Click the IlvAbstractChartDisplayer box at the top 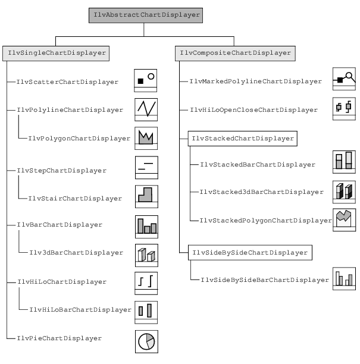[x=147, y=15]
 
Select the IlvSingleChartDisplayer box [x=56, y=53]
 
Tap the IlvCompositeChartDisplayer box [x=236, y=53]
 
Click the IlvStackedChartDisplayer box [x=242, y=139]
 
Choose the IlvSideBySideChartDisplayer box [x=249, y=253]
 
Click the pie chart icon [x=146, y=341]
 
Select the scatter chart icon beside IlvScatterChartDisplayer [x=146, y=79]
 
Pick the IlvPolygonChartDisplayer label [x=79, y=139]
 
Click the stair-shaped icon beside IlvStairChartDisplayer [x=146, y=195]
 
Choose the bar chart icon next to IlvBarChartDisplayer [x=146, y=226]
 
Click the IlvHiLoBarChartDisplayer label [x=79, y=309]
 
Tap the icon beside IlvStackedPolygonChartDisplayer [x=344, y=218]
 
